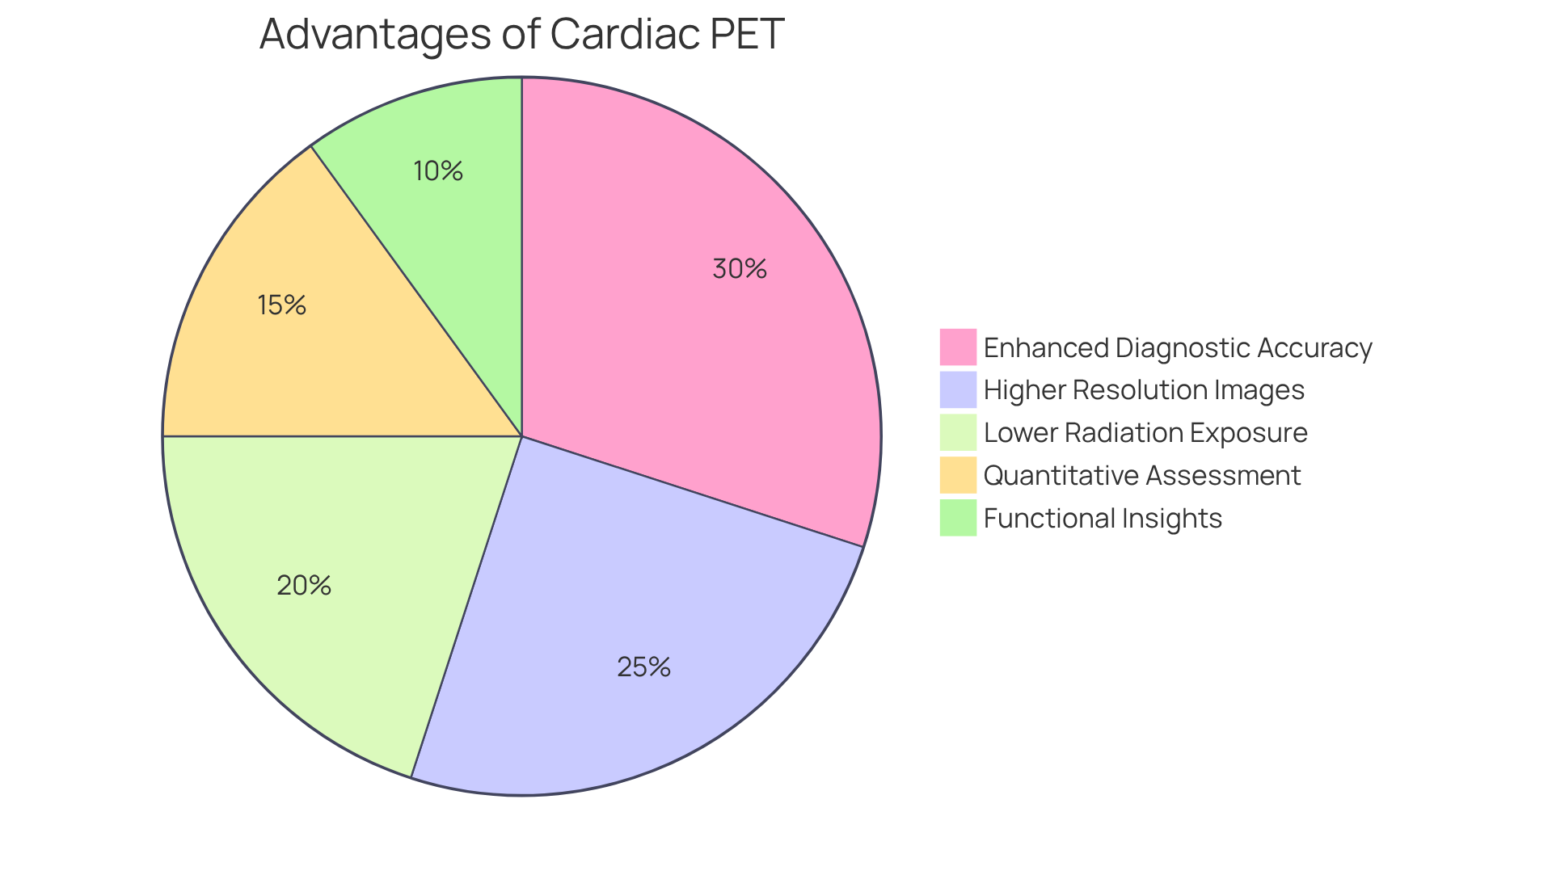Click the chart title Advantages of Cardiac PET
(x=521, y=34)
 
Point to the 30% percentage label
(x=739, y=269)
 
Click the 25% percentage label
(x=643, y=667)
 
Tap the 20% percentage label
(x=304, y=586)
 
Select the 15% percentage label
(x=281, y=305)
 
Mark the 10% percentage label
(x=437, y=171)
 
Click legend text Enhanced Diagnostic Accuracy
(x=1177, y=347)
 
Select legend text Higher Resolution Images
(x=1143, y=390)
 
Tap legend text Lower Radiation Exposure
(x=1145, y=433)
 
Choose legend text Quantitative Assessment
(x=1141, y=475)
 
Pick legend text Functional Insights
(x=1102, y=518)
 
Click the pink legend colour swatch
(x=958, y=347)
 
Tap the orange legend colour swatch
(x=958, y=475)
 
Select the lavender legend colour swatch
(x=958, y=390)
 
